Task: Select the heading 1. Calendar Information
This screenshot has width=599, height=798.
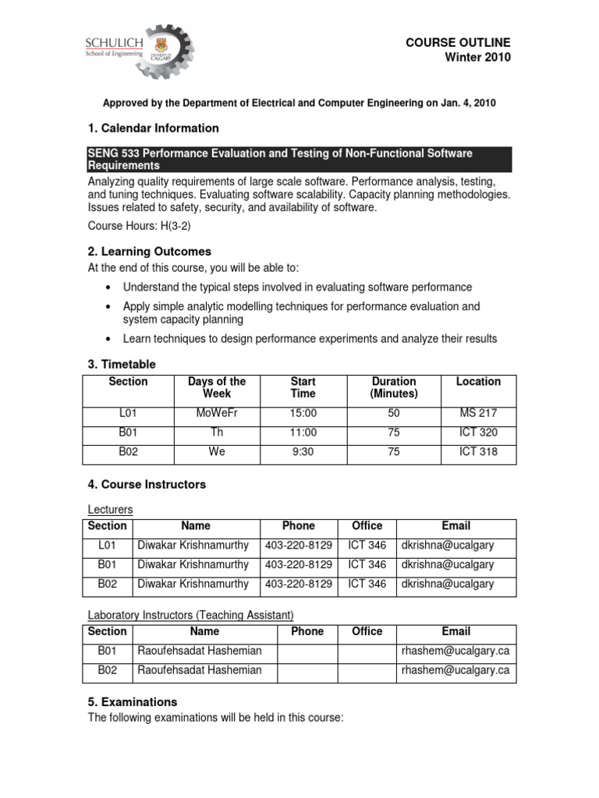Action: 153,128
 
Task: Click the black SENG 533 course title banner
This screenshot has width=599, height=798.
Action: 299,160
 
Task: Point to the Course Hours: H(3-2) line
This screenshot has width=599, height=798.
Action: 139,226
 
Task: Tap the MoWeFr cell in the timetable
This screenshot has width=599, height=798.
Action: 217,413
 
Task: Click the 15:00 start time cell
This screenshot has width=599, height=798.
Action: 303,413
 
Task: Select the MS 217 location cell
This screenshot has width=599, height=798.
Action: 478,413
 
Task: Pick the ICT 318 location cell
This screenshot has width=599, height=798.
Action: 478,452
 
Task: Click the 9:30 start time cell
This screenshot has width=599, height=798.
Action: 303,452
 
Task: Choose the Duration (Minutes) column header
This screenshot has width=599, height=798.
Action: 394,387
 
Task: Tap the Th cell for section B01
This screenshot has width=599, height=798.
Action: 217,433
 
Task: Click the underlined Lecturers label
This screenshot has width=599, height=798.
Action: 110,510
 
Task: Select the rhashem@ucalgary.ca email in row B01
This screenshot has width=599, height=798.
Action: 455,651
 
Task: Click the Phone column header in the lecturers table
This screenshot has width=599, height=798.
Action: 299,526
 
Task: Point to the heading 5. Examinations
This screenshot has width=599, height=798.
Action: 133,701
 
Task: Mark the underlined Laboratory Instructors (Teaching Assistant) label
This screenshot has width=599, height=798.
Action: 191,615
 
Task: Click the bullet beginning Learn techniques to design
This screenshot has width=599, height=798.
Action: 310,338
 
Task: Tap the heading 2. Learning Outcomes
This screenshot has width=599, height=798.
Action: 149,252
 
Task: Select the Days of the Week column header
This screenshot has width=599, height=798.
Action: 217,387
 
